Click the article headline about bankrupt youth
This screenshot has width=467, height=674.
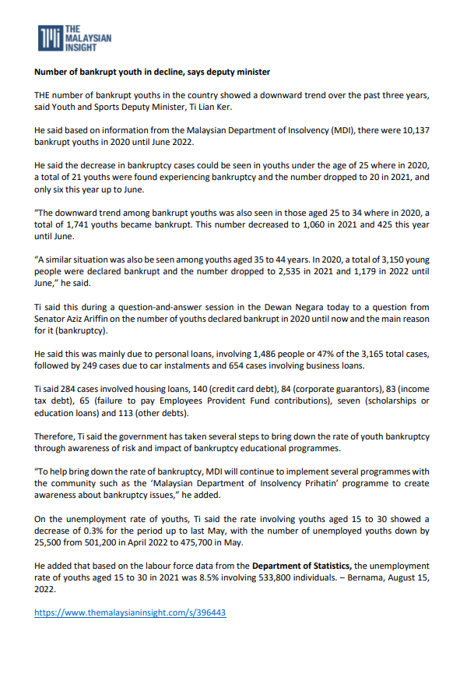pyautogui.click(x=152, y=72)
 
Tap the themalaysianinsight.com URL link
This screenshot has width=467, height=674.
pyautogui.click(x=130, y=612)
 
